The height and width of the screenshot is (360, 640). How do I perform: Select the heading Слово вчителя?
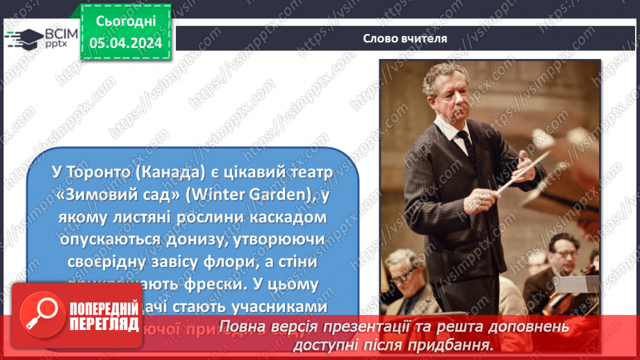[x=404, y=38]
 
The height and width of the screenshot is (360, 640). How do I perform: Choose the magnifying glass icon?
[x=39, y=314]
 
